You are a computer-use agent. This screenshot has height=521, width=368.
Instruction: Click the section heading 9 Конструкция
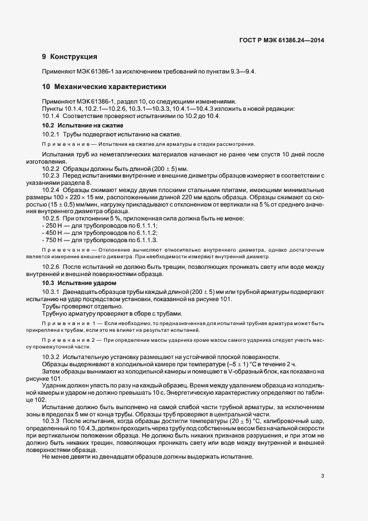[x=70, y=57]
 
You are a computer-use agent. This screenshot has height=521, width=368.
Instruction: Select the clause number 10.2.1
[x=51, y=135]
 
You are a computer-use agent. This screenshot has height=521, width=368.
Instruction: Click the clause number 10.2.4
[x=51, y=190]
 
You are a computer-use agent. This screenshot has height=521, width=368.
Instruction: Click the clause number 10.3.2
[x=51, y=357]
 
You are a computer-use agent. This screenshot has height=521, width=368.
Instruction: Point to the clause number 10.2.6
[x=51, y=268]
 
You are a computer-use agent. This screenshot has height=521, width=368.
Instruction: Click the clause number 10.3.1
[x=51, y=292]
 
